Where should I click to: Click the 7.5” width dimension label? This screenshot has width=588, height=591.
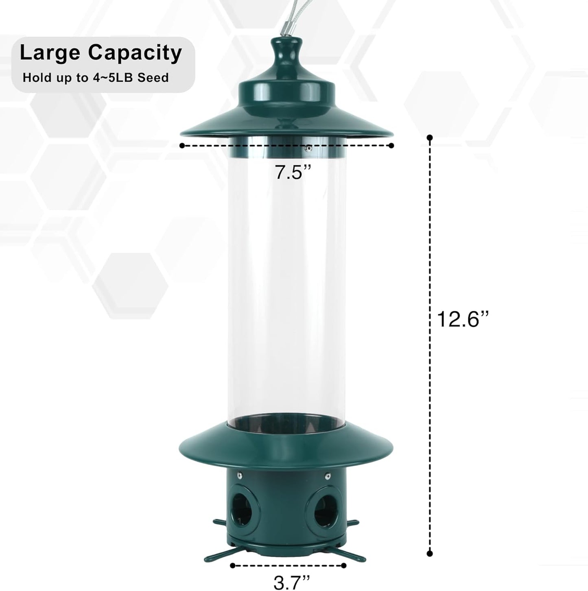pyautogui.click(x=293, y=172)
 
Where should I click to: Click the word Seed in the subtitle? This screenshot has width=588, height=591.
pyautogui.click(x=153, y=78)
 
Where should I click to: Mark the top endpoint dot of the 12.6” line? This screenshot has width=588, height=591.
pyautogui.click(x=430, y=137)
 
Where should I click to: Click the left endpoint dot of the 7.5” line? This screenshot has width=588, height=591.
pyautogui.click(x=182, y=145)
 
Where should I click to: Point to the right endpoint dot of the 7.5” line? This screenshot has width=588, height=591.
pyautogui.click(x=391, y=145)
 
